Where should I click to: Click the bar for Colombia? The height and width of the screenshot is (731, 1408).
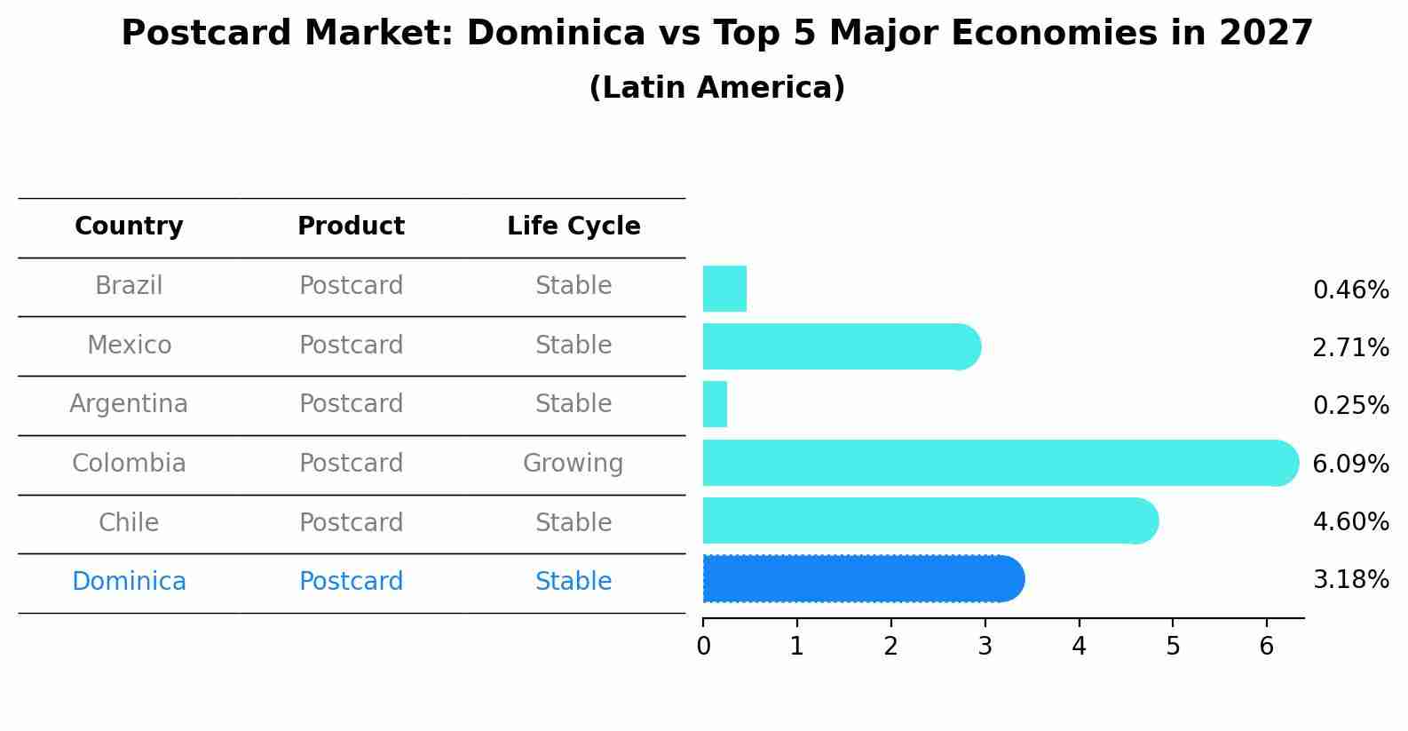[994, 463]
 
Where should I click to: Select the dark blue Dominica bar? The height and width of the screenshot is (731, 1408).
[861, 579]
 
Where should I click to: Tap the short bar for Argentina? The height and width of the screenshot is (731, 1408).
[715, 405]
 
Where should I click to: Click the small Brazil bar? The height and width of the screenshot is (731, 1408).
[724, 289]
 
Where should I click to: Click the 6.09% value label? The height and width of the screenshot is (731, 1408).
[1350, 464]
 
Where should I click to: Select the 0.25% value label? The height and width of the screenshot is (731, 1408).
[1350, 406]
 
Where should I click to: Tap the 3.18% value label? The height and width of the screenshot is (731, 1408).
[1350, 580]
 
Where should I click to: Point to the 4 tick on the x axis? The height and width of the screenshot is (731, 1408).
[1079, 646]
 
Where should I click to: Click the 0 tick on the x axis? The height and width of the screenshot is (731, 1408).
[703, 646]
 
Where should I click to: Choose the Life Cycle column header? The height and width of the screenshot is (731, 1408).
[573, 226]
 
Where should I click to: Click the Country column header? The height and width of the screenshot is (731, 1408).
[129, 226]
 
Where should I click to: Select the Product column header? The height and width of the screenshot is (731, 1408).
[351, 226]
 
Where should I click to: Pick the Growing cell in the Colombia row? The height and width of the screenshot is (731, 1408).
[573, 464]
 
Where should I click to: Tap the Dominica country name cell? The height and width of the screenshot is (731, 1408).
[129, 582]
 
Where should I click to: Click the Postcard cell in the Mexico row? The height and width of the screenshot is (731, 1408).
[351, 345]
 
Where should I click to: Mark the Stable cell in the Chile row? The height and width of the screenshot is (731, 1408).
[573, 522]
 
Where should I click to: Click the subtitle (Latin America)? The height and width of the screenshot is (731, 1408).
[716, 88]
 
